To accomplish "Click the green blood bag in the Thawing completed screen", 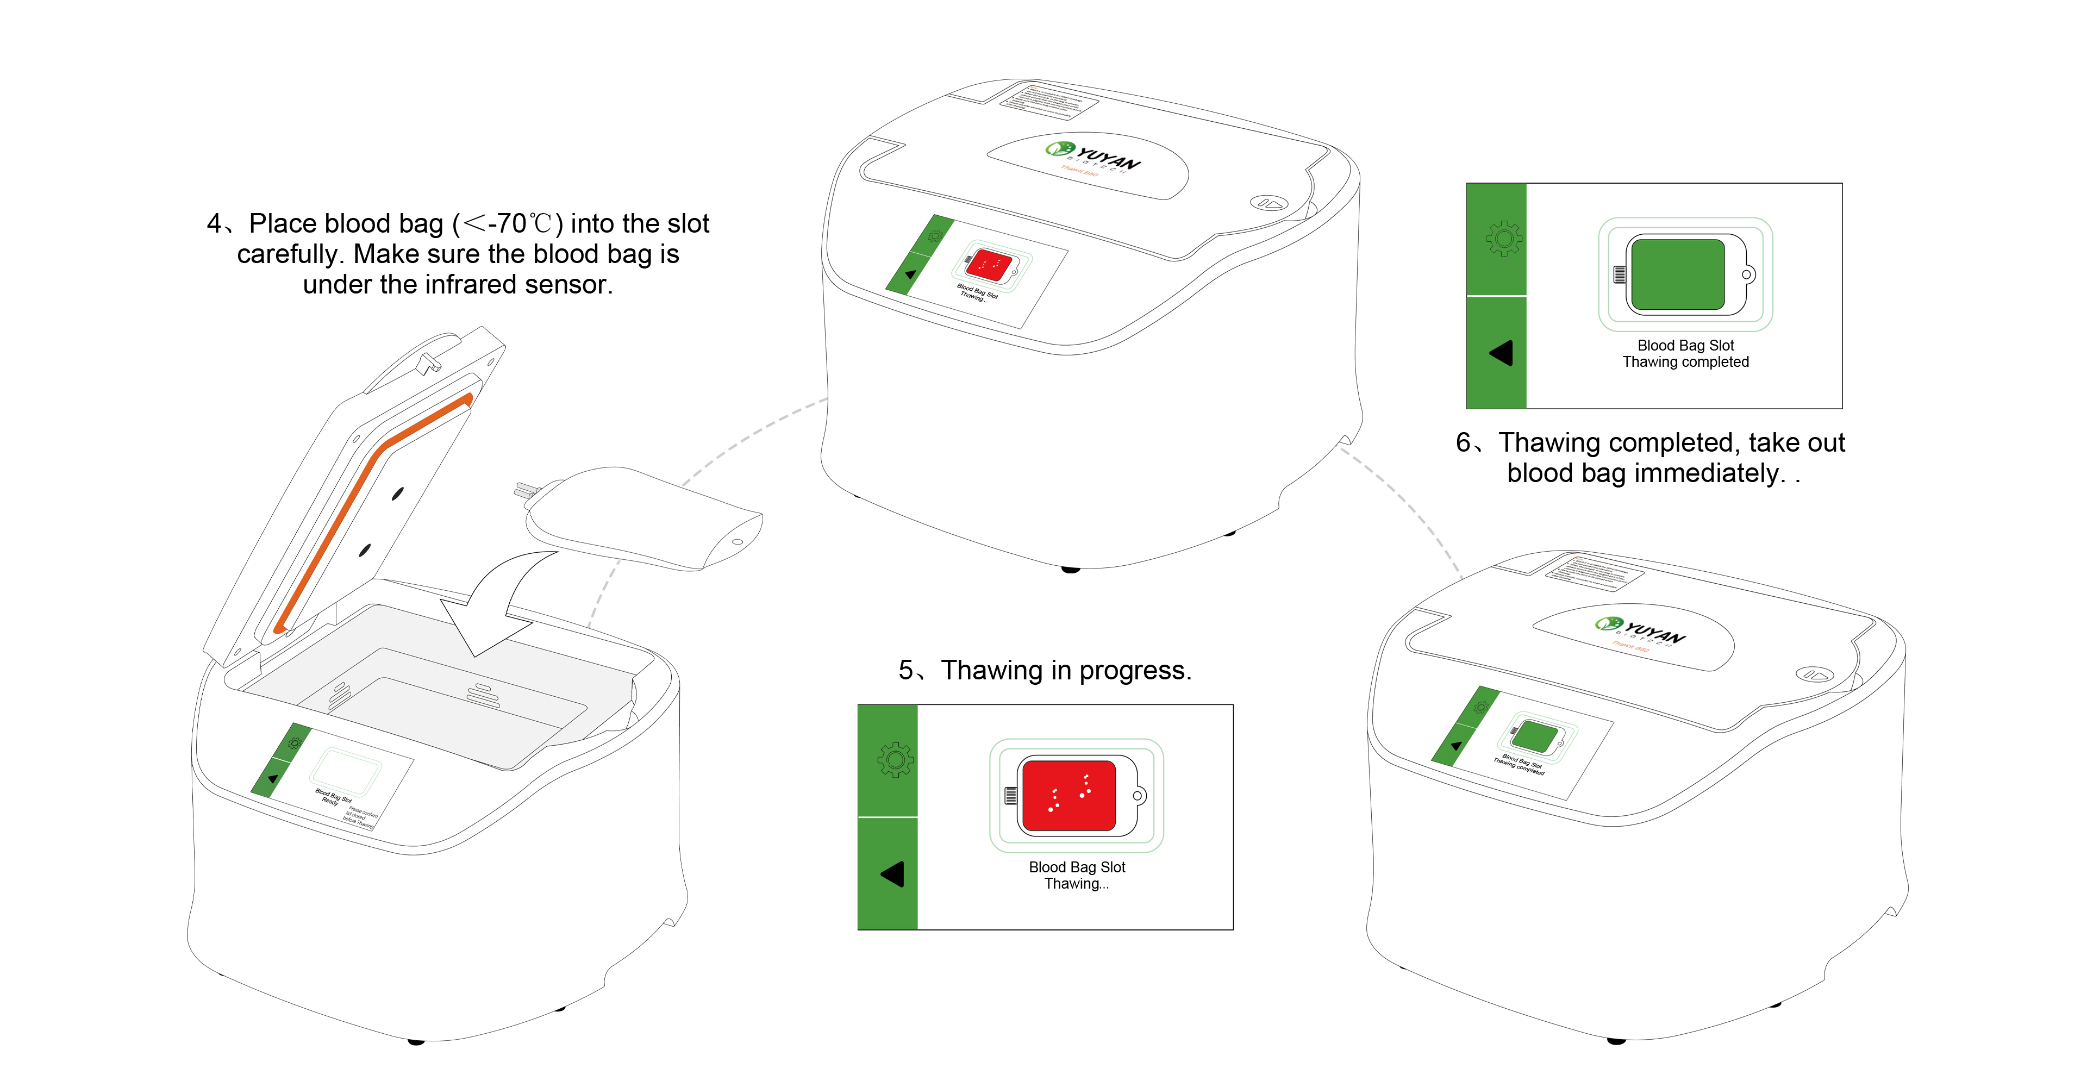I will [1677, 274].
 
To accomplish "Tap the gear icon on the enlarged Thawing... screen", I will [895, 760].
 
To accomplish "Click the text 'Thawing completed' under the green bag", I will [1685, 362].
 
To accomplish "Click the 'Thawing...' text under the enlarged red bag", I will [1076, 884].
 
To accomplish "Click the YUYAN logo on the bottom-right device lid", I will [1641, 629].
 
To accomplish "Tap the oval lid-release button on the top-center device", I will [1269, 203].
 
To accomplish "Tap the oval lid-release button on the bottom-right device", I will [1814, 674].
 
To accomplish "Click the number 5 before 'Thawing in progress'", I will [906, 671].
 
